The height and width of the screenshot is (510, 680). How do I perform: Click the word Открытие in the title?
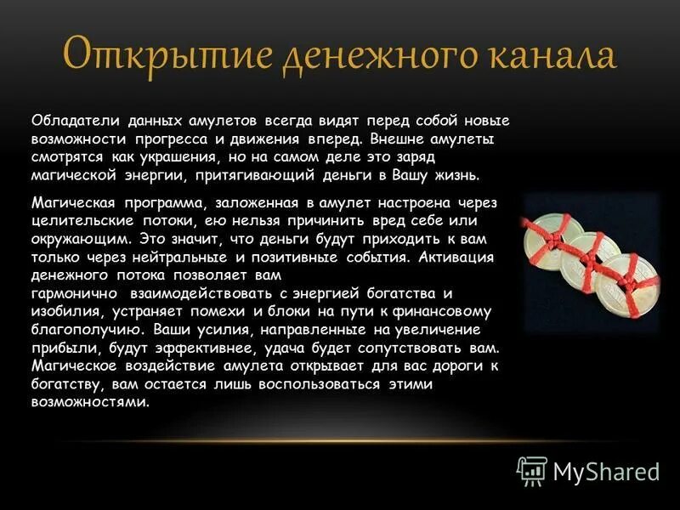(x=144, y=55)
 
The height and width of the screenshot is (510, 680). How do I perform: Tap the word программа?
(x=148, y=201)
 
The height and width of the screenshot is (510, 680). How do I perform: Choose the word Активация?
(x=457, y=256)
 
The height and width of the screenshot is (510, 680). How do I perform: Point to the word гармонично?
(x=70, y=293)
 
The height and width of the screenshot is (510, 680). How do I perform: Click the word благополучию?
(x=76, y=330)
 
